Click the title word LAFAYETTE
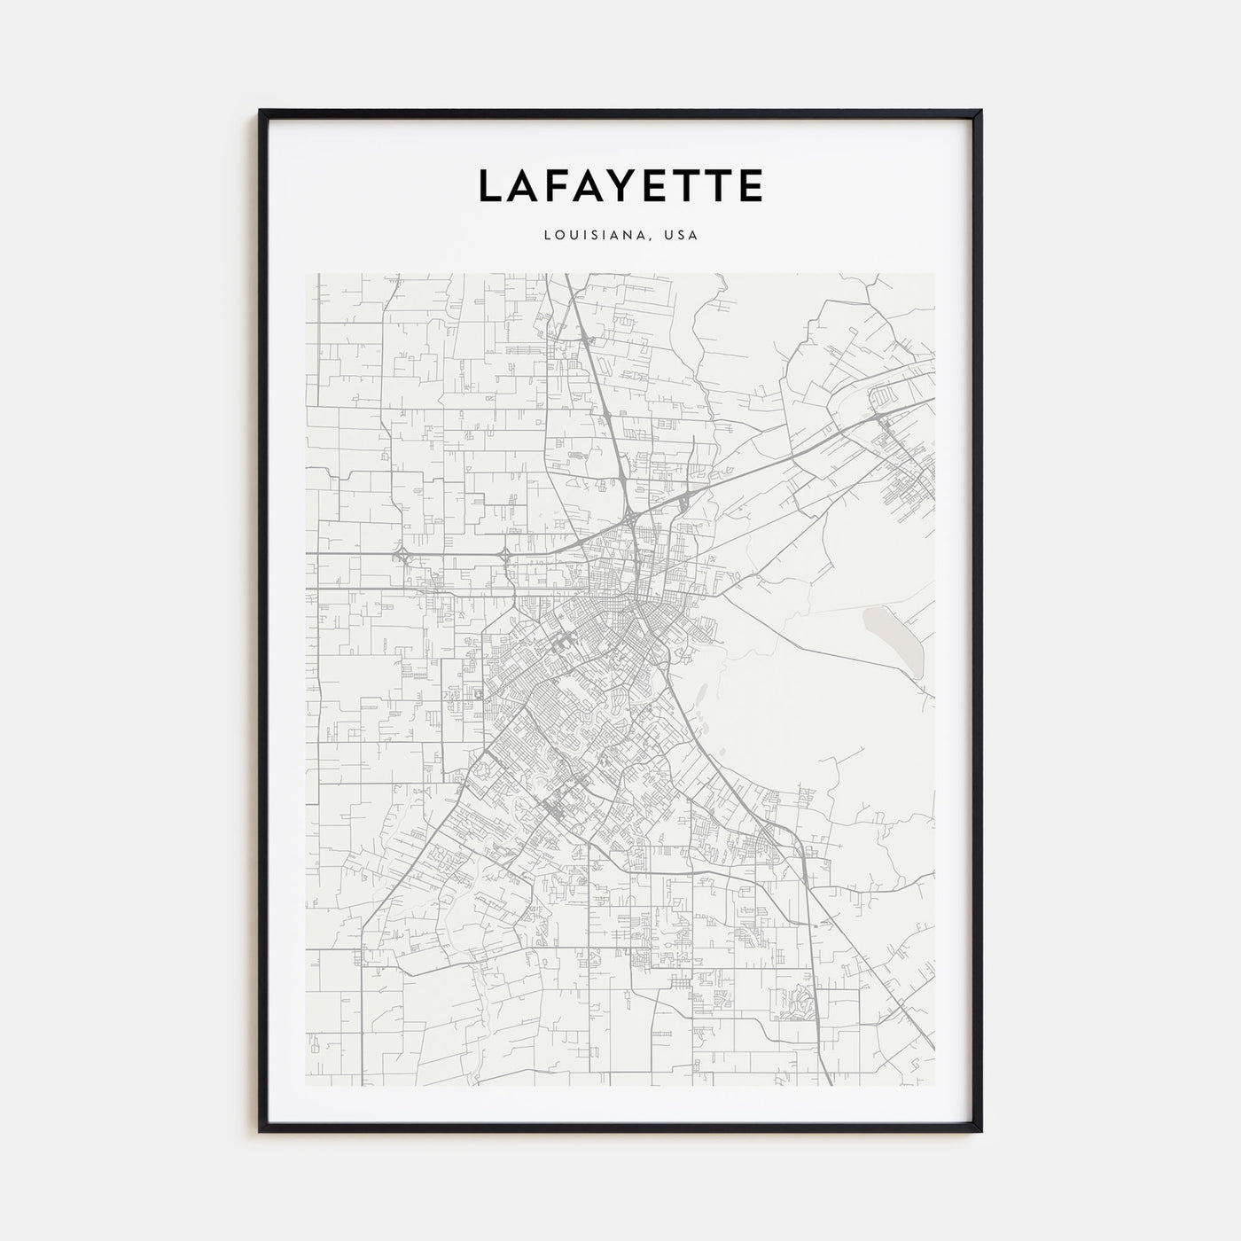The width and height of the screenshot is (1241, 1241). (x=620, y=186)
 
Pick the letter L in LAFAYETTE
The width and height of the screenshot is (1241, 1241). (x=491, y=186)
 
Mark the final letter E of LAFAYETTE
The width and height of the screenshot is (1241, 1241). (x=750, y=186)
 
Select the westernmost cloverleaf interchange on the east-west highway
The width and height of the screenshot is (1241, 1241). (x=404, y=556)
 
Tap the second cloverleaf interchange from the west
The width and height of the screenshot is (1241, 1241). (x=505, y=556)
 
